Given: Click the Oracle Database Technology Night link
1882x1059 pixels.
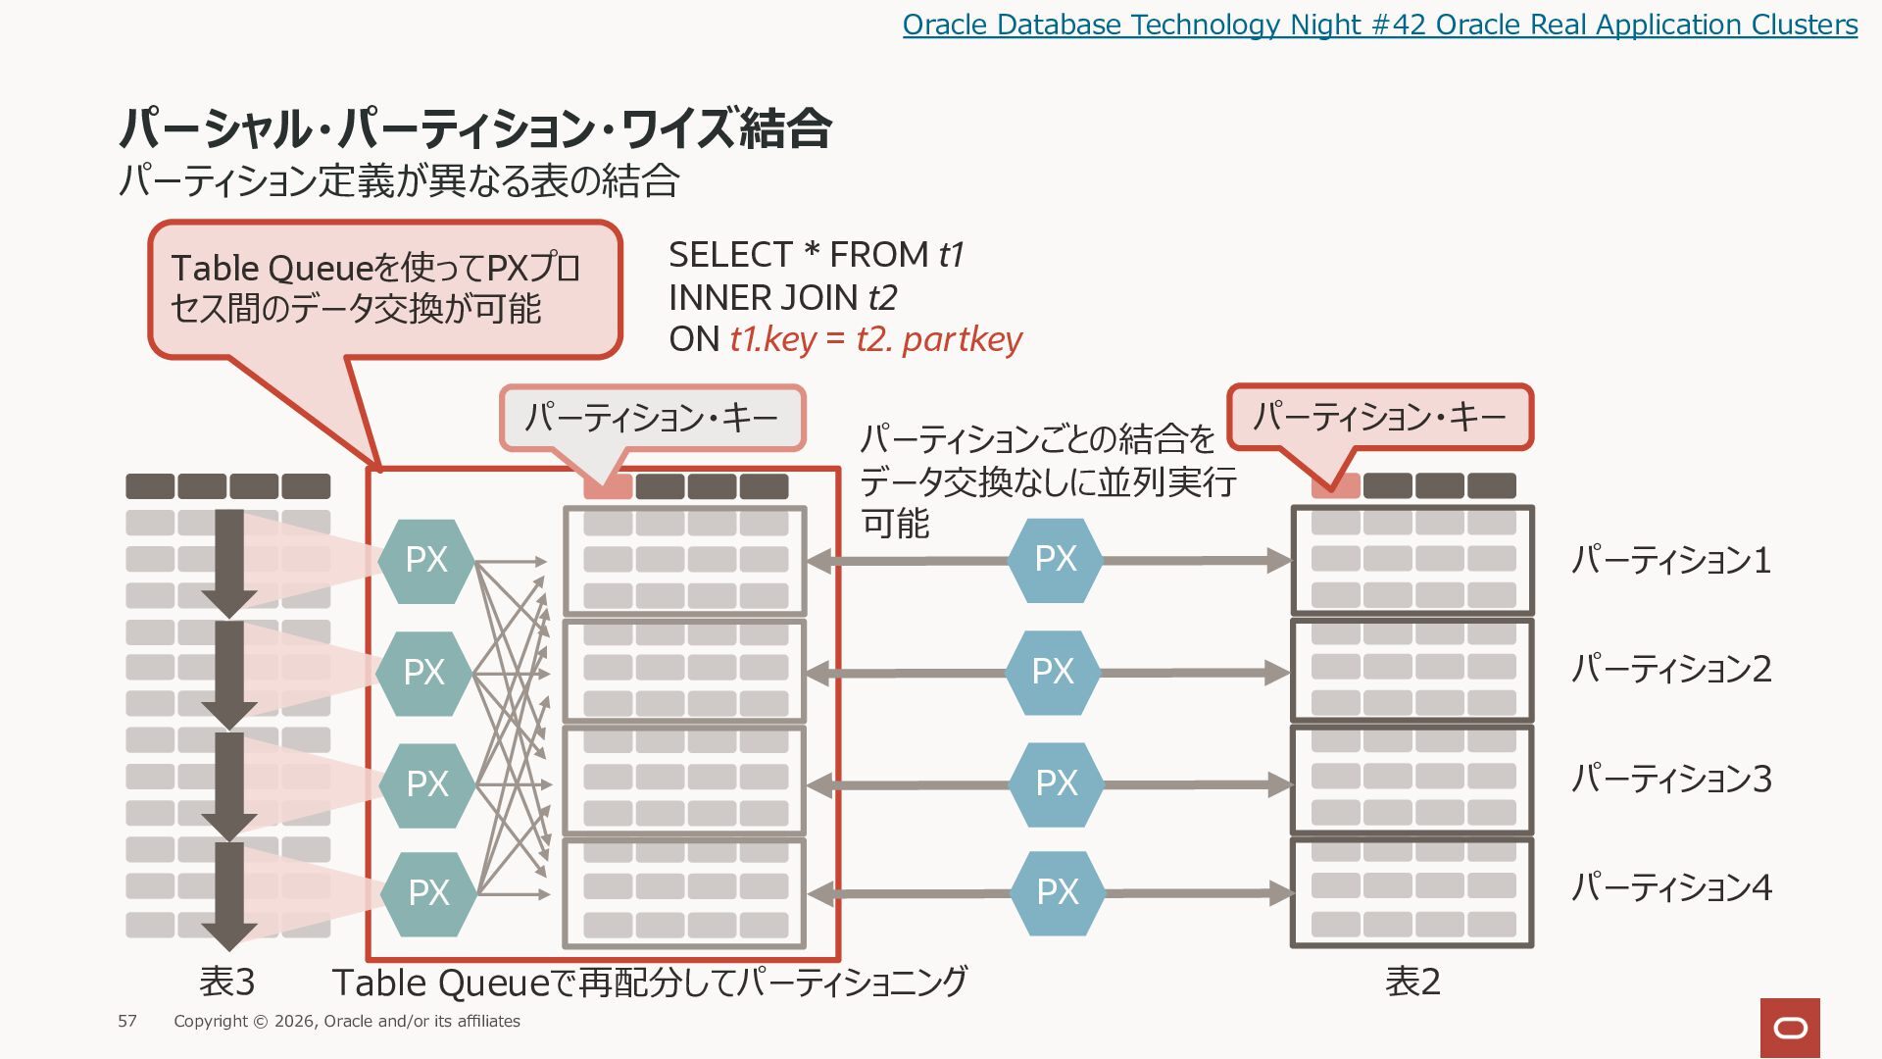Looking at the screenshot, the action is coord(1379,25).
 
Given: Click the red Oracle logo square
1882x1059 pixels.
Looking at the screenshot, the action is coord(1790,1028).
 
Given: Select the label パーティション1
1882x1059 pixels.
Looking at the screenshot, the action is coord(1671,560).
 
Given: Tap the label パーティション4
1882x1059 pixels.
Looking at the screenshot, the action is coord(1671,887).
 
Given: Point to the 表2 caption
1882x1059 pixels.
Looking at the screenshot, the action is coord(1412,981).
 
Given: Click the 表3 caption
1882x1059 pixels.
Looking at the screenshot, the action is coord(227,981).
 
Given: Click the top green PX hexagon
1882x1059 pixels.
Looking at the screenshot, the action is coord(426,560).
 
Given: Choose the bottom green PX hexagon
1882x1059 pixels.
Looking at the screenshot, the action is coord(428,893).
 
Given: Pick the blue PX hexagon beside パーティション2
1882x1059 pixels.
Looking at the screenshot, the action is coord(1054,672).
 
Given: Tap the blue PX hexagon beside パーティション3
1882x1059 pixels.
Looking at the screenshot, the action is coord(1057,783).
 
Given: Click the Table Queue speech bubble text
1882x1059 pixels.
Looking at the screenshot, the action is coord(375,288).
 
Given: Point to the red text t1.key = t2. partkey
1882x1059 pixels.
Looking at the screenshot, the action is coord(875,339).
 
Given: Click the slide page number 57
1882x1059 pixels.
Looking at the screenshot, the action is coord(127,1021).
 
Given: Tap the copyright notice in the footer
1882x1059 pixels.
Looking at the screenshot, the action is coord(347,1021).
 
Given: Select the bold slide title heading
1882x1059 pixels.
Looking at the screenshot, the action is coord(475,128).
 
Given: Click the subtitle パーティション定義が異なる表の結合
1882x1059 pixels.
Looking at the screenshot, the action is coord(399,181).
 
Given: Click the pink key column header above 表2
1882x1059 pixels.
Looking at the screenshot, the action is coord(1336,485).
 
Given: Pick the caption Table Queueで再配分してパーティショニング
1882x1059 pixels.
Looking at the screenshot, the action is coord(650,982).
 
